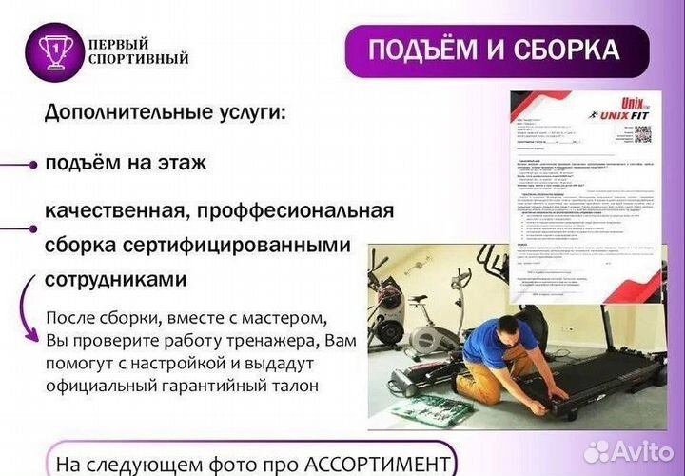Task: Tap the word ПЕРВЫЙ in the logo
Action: [119, 44]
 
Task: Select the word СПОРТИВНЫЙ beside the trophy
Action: [138, 59]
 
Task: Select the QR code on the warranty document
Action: [642, 134]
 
